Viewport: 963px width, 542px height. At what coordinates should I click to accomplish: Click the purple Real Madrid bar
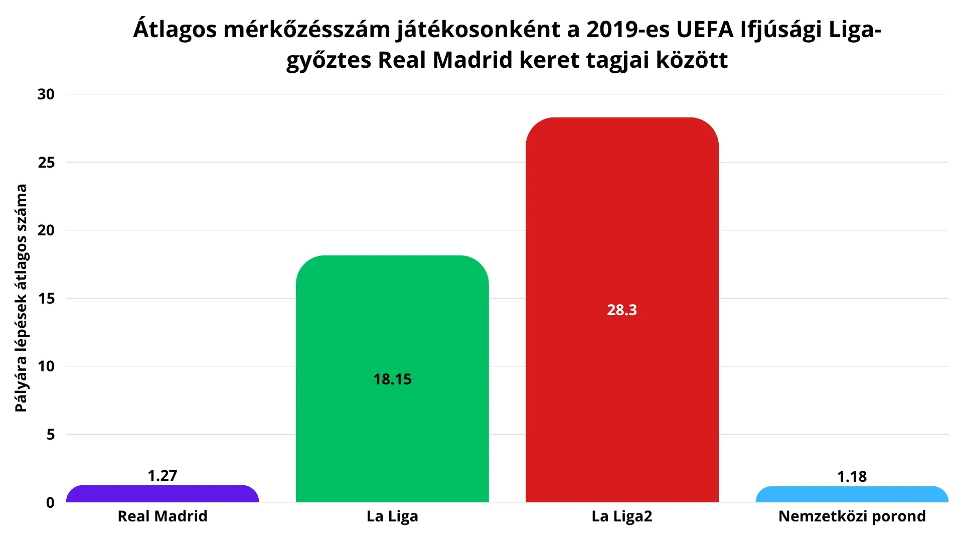click(x=163, y=494)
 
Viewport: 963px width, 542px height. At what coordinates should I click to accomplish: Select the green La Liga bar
click(x=392, y=379)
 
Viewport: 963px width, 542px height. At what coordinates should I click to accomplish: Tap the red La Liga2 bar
click(x=622, y=310)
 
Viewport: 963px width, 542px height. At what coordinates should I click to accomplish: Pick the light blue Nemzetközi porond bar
click(x=852, y=494)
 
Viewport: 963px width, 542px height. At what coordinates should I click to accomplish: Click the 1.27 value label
click(x=163, y=475)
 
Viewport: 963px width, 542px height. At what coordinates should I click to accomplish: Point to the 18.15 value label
click(x=392, y=379)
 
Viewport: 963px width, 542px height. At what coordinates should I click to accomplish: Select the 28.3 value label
click(x=622, y=310)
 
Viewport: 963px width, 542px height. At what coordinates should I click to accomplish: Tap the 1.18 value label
click(x=852, y=476)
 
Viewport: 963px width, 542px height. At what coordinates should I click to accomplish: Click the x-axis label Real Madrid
click(x=163, y=516)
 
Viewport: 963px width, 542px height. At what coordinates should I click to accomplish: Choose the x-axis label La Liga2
click(x=622, y=516)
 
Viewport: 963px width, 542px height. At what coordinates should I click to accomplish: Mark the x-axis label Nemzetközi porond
click(x=852, y=516)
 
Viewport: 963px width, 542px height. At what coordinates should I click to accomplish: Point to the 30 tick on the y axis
click(x=46, y=94)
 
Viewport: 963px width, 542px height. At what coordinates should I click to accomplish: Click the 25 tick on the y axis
click(x=46, y=162)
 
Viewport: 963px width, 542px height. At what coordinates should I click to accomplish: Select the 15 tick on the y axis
click(x=46, y=298)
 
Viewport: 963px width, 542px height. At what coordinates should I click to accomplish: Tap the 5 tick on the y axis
click(x=51, y=434)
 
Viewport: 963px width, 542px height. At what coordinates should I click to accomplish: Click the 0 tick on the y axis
click(x=50, y=502)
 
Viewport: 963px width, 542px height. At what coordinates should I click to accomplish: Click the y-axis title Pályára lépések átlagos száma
click(x=21, y=298)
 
